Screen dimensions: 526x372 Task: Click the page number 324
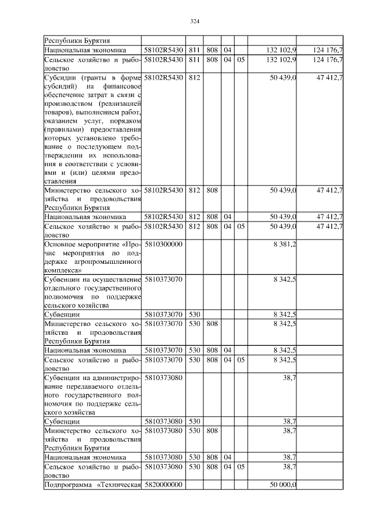(x=195, y=22)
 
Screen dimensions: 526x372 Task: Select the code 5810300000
(x=163, y=245)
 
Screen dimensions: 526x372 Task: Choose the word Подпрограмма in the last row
(x=69, y=485)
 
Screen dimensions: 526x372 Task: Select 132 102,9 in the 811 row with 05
(x=281, y=59)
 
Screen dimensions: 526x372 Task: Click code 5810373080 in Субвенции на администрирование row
(x=163, y=377)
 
